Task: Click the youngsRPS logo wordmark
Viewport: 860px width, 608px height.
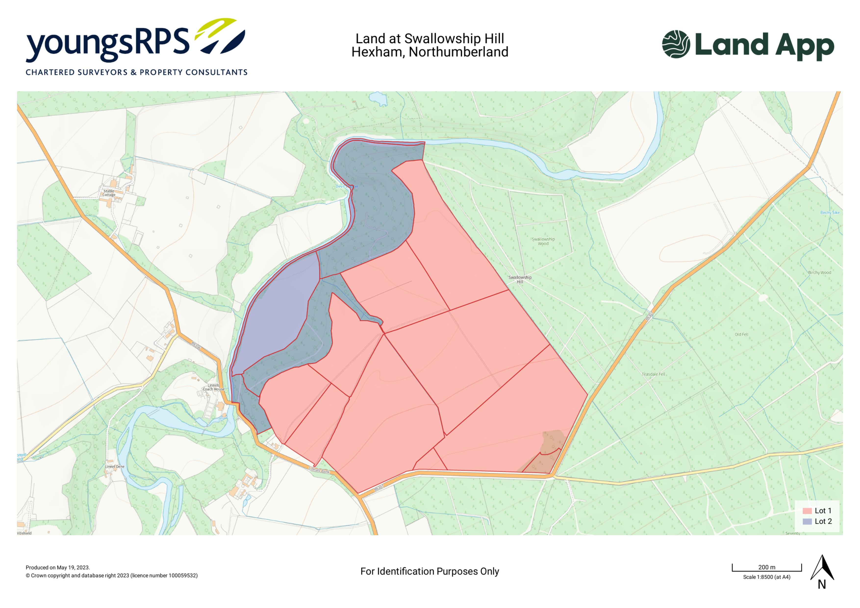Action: click(107, 44)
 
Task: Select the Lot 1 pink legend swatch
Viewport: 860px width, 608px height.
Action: click(807, 511)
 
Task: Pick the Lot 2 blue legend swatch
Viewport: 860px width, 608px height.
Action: click(807, 521)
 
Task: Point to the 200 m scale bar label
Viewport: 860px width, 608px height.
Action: click(767, 567)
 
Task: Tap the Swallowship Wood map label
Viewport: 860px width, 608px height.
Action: click(543, 241)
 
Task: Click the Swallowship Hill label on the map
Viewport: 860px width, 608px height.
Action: click(520, 279)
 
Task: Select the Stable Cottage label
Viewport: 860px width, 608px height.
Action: click(109, 193)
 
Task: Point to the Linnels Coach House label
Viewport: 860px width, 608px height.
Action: click(214, 387)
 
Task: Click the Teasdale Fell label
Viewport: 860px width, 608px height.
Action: click(654, 374)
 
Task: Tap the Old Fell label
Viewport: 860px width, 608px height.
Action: click(741, 334)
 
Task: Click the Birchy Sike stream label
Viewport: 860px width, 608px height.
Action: click(830, 213)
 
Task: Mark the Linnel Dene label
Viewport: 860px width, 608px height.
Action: click(115, 467)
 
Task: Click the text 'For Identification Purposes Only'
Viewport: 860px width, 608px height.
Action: click(430, 571)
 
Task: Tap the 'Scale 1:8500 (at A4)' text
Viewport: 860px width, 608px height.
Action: click(767, 577)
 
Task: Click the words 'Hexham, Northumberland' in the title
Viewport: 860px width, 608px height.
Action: click(430, 52)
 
